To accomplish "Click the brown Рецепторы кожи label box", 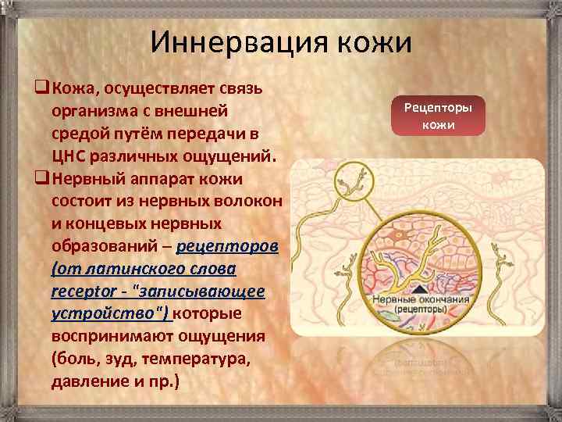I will (x=443, y=116).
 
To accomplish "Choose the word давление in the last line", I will (x=88, y=383).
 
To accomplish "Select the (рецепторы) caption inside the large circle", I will (x=420, y=309).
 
